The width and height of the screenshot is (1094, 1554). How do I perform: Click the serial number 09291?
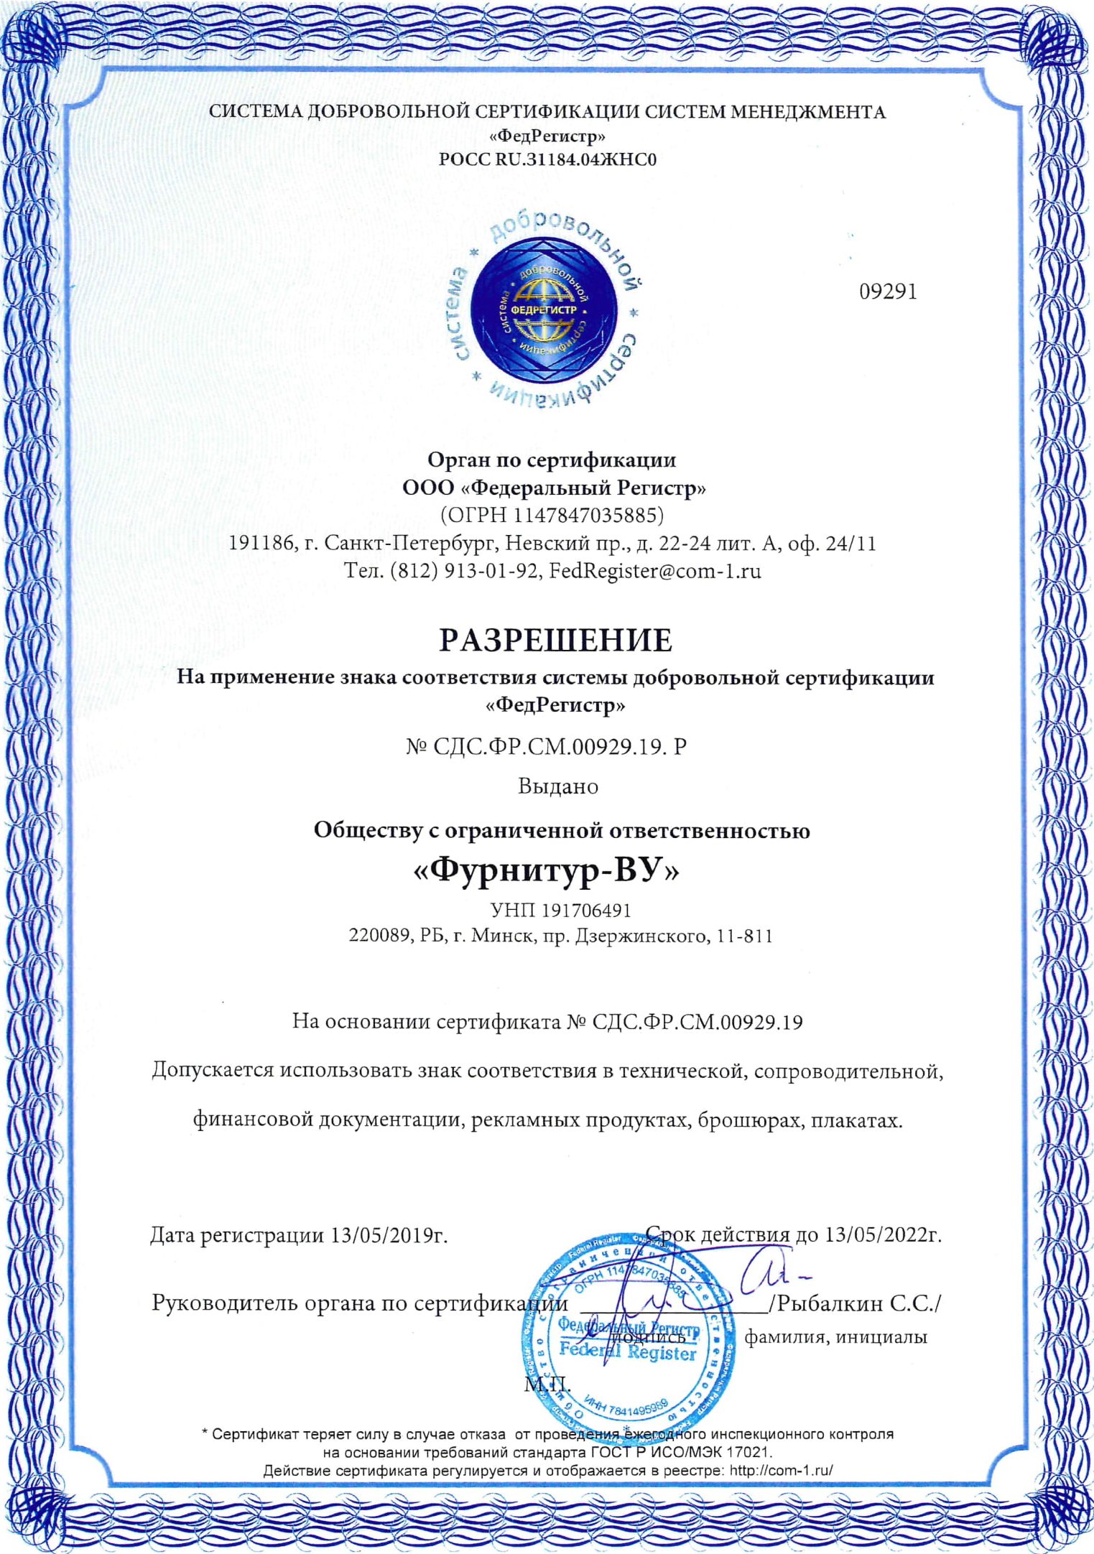888,292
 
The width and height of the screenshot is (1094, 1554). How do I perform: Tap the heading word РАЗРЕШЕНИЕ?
555,640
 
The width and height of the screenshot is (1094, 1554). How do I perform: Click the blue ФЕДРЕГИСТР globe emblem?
544,310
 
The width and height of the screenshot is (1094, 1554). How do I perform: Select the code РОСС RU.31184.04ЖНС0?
547,159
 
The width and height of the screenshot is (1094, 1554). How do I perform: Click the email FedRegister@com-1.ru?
654,571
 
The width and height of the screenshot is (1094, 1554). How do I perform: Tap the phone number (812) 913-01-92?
465,571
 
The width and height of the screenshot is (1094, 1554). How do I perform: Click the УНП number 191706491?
585,911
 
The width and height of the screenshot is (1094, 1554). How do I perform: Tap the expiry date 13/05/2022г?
883,1234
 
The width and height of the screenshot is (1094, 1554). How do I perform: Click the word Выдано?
558,786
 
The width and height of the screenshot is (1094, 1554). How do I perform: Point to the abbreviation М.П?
547,1384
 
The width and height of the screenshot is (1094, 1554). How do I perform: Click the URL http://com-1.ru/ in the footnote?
781,1470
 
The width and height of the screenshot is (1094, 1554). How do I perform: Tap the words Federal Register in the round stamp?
627,1353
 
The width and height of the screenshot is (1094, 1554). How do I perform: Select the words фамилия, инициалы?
835,1337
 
